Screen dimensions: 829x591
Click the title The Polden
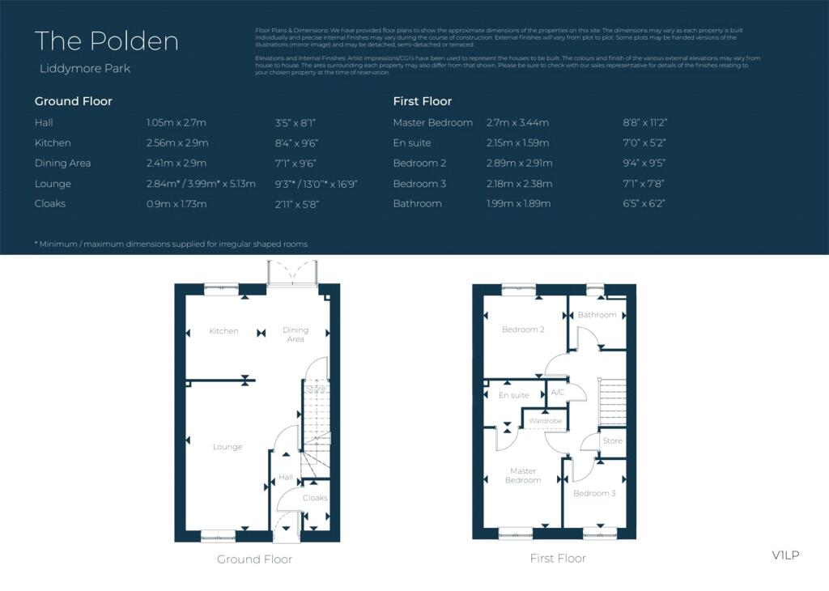click(107, 41)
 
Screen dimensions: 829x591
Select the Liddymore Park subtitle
click(84, 69)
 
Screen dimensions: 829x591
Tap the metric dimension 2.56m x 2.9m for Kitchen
click(177, 143)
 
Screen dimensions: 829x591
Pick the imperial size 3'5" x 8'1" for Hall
click(295, 123)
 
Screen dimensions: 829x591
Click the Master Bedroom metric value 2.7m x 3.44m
click(517, 123)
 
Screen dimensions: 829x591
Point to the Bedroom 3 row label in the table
click(419, 184)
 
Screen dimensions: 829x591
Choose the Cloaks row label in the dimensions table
click(50, 204)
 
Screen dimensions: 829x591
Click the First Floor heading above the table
click(423, 101)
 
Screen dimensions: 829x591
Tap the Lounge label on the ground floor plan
click(227, 447)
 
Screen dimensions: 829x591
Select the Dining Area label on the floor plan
click(295, 334)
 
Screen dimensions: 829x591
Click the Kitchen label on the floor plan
click(223, 331)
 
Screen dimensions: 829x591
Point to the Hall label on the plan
click(286, 477)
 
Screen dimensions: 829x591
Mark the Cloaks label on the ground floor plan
click(315, 497)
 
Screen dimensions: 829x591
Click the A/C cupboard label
click(558, 392)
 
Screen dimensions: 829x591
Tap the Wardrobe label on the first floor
click(545, 421)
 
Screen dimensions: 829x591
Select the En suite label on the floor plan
click(513, 395)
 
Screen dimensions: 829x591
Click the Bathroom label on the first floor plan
click(597, 315)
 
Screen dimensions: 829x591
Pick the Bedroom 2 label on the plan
click(523, 330)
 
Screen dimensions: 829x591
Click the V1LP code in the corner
click(785, 555)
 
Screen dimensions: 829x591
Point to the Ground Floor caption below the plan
click(254, 559)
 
